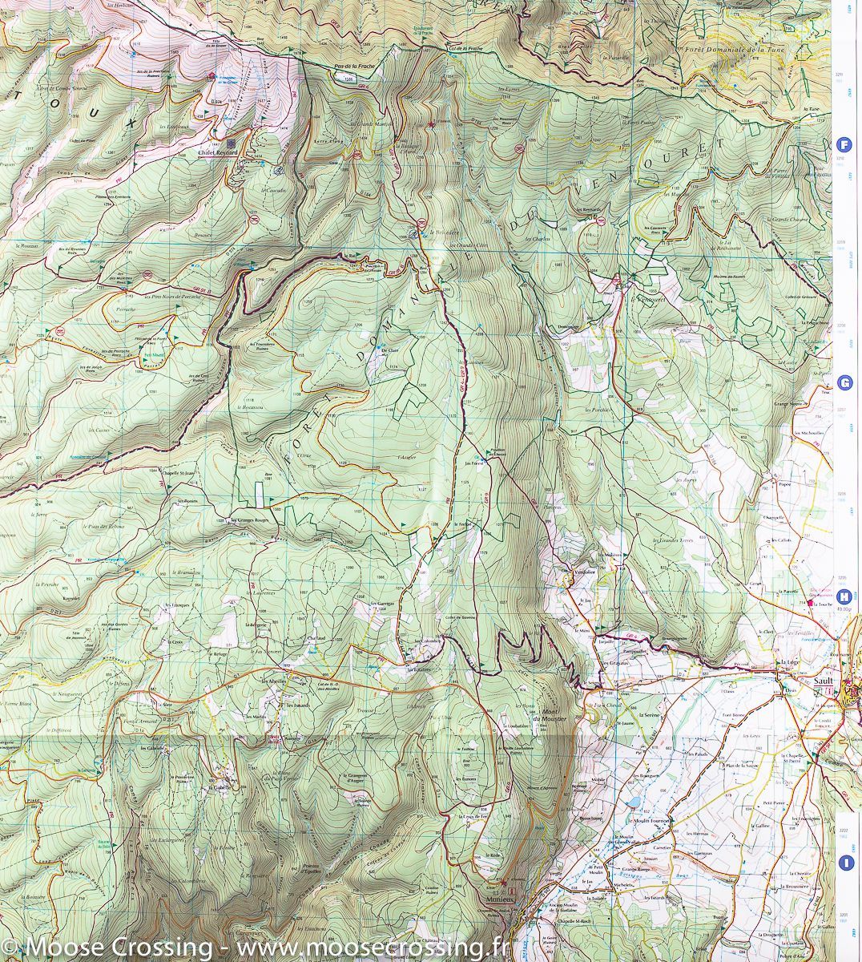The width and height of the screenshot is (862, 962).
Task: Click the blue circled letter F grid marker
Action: (x=844, y=145)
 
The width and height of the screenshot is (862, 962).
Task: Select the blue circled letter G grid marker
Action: (x=844, y=383)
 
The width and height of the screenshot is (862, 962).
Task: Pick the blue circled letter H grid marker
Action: (x=844, y=596)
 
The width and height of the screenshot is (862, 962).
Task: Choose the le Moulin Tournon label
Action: (x=650, y=821)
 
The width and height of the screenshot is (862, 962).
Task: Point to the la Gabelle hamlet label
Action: (x=220, y=787)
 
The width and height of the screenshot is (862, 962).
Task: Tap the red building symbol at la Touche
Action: (x=810, y=602)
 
